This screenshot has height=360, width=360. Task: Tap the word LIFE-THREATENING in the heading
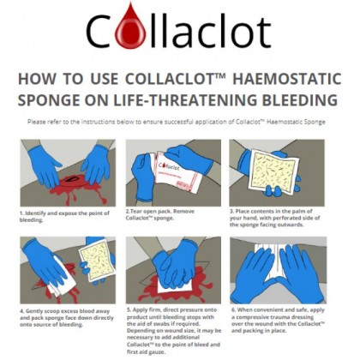pyautogui.click(x=213, y=99)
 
